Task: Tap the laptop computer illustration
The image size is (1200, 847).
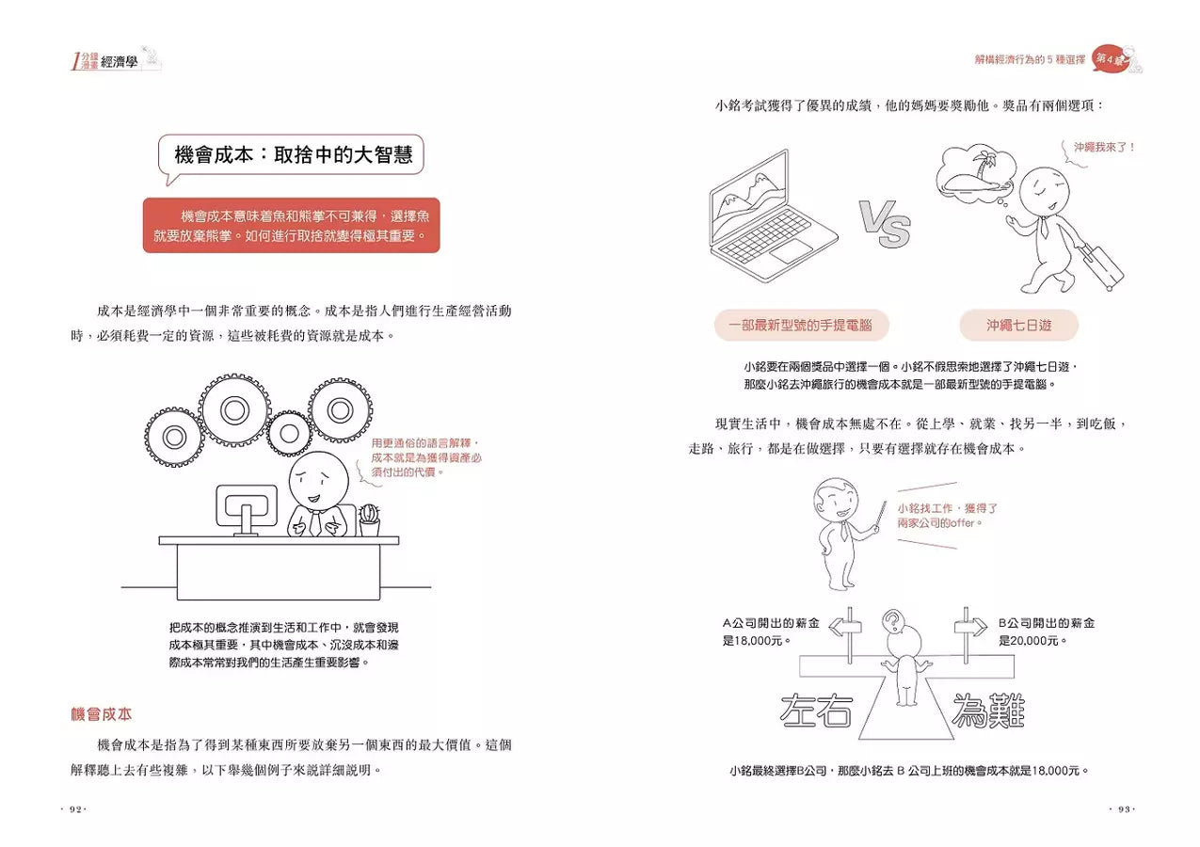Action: (772, 211)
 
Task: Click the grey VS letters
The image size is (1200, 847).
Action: (884, 223)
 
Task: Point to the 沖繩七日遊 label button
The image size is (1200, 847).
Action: (1018, 326)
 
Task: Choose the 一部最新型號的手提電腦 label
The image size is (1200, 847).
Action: (801, 326)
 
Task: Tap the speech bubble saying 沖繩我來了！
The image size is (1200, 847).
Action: (1105, 148)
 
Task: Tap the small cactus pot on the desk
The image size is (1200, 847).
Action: (369, 519)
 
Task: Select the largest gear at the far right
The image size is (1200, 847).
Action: (340, 410)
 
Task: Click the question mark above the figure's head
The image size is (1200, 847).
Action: (891, 620)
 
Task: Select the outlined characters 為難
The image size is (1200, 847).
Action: (987, 711)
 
